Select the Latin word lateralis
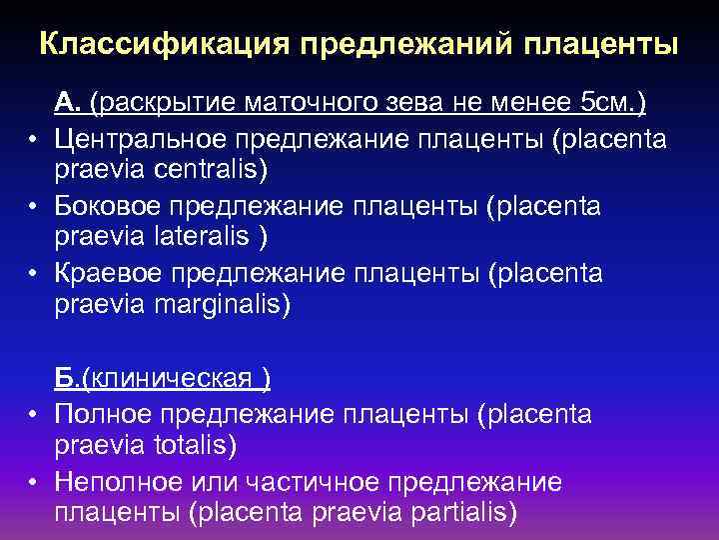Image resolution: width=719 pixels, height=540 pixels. point(204,238)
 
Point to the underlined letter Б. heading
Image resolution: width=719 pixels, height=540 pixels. point(66,378)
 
